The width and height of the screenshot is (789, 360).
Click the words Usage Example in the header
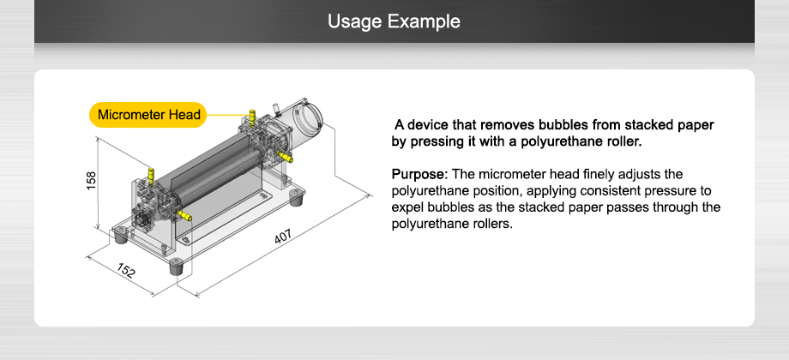[x=394, y=21]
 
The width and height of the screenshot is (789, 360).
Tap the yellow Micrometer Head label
[x=148, y=115]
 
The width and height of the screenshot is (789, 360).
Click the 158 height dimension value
[x=91, y=183]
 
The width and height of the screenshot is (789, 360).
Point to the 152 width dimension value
[x=126, y=273]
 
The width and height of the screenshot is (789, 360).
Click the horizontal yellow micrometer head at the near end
[x=186, y=217]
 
